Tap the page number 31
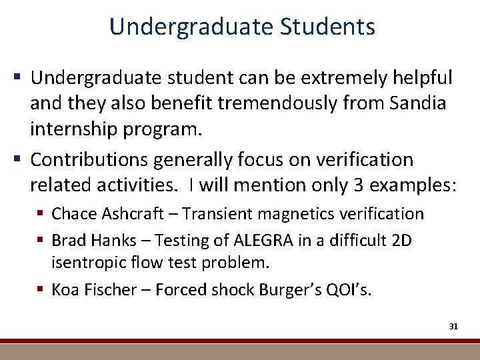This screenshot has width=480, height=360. point(453,326)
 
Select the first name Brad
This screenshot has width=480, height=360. point(67,240)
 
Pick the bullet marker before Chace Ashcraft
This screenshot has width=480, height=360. point(42,214)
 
